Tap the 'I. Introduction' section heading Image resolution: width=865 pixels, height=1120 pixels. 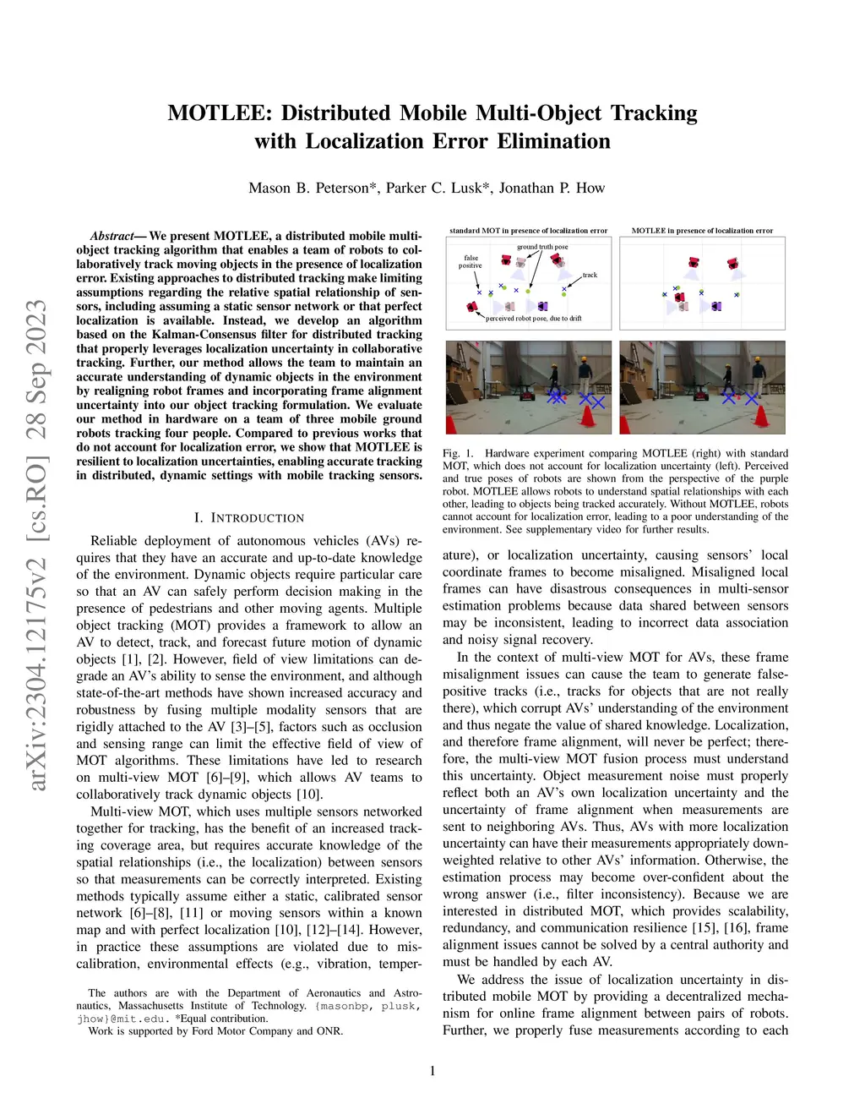coord(249,517)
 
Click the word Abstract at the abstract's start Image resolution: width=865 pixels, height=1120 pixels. coord(113,236)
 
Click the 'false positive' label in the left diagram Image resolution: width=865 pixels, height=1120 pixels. coord(471,262)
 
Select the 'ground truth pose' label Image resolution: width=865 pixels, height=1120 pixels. coord(542,247)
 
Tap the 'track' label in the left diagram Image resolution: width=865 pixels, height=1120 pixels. coord(590,275)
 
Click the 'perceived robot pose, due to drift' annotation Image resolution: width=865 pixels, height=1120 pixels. coord(534,319)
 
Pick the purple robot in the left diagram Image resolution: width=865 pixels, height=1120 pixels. coord(541,305)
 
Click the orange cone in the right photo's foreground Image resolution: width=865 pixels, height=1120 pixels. coord(761,415)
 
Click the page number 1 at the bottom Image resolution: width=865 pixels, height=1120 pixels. coord(432,1071)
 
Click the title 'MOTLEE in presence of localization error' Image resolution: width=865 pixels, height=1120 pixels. coord(702,231)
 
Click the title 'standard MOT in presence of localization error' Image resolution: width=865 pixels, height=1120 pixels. coord(528,231)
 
